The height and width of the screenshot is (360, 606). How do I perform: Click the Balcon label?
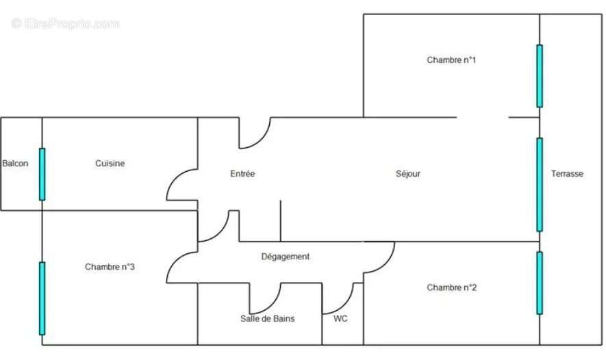[x=16, y=164]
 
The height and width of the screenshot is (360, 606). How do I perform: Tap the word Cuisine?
[x=110, y=164]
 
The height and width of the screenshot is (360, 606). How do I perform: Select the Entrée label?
[x=242, y=174]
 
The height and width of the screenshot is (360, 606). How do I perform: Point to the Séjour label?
[x=408, y=174]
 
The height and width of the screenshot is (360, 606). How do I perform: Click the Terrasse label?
[x=568, y=174]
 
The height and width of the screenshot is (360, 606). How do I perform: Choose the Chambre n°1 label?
[x=451, y=60]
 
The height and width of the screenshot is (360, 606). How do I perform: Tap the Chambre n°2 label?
[x=452, y=287]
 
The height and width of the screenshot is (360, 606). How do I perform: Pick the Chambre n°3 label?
[x=110, y=267]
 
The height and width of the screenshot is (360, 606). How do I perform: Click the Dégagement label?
[x=286, y=257]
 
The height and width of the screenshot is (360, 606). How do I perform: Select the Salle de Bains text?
[x=268, y=319]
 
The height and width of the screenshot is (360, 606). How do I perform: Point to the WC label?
[x=340, y=319]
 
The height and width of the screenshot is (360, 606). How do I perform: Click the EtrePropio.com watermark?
[x=66, y=23]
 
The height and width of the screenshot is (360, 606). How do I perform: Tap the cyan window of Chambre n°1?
[x=540, y=76]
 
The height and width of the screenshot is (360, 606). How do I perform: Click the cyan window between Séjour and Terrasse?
[x=540, y=185]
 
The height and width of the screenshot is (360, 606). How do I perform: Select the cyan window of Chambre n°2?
[x=540, y=283]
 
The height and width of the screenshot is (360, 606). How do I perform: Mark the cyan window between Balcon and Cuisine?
[x=42, y=175]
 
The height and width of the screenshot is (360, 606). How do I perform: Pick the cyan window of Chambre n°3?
[x=42, y=298]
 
